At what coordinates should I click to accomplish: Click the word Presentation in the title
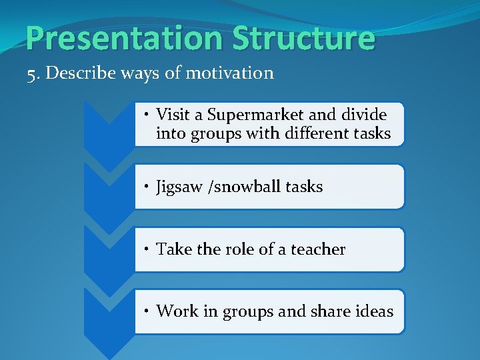click(124, 38)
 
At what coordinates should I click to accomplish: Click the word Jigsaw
click(181, 187)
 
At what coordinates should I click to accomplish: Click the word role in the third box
click(239, 249)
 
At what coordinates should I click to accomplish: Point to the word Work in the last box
click(175, 311)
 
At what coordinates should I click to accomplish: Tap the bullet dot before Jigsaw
click(149, 187)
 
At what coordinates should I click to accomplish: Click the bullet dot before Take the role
click(149, 250)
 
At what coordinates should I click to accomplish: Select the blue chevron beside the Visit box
click(109, 127)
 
